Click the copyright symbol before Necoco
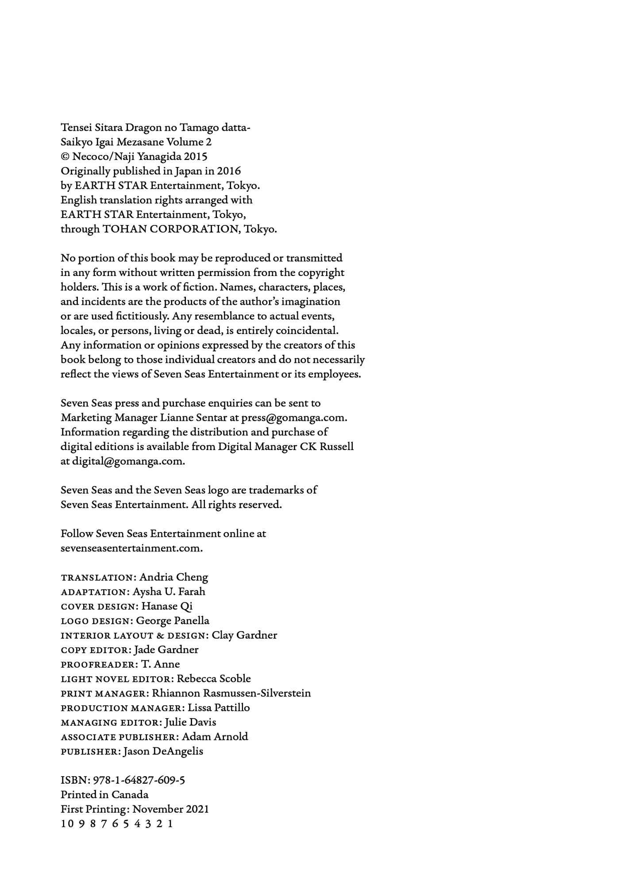(x=65, y=157)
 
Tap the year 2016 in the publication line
(x=229, y=171)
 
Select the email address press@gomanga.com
(x=293, y=418)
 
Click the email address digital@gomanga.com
(x=122, y=461)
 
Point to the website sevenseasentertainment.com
(x=131, y=548)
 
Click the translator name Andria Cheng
(x=174, y=577)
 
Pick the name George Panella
(x=173, y=621)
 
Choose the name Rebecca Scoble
(x=214, y=679)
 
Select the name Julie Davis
(x=190, y=722)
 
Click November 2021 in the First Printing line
(x=170, y=809)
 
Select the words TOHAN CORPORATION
(x=170, y=229)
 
